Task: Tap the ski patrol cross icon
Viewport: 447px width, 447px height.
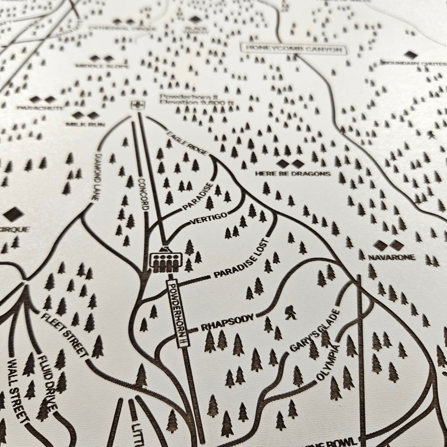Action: tap(135, 105)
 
